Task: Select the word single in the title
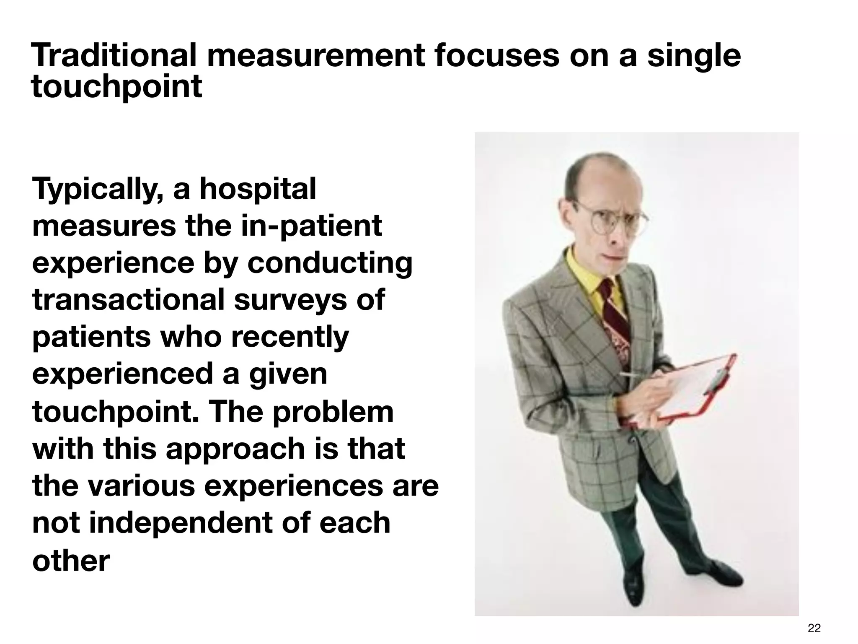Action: tap(694, 57)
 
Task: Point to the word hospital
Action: tap(257, 190)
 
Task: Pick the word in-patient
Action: tap(312, 227)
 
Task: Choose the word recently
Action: tap(289, 338)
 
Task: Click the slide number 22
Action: tap(814, 628)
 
